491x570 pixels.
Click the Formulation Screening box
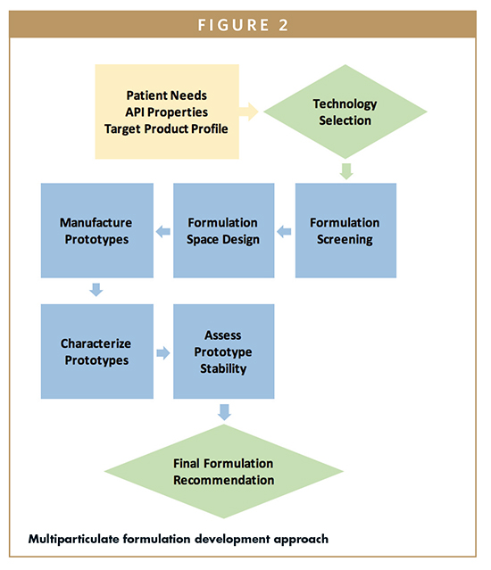coord(345,230)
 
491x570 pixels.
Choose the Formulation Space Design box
coord(223,230)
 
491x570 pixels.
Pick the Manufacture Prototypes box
coord(96,230)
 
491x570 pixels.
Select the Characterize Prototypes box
coord(96,351)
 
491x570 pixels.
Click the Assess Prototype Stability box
coord(223,351)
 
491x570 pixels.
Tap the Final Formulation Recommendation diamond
coord(223,472)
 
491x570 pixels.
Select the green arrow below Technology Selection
coord(345,170)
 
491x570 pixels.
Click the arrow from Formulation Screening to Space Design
coord(284,232)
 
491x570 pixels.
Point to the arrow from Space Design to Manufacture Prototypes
coord(162,232)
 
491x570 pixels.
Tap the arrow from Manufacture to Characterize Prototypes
coord(96,290)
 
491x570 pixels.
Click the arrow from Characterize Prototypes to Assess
coord(162,353)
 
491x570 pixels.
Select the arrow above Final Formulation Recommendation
coord(224,411)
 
